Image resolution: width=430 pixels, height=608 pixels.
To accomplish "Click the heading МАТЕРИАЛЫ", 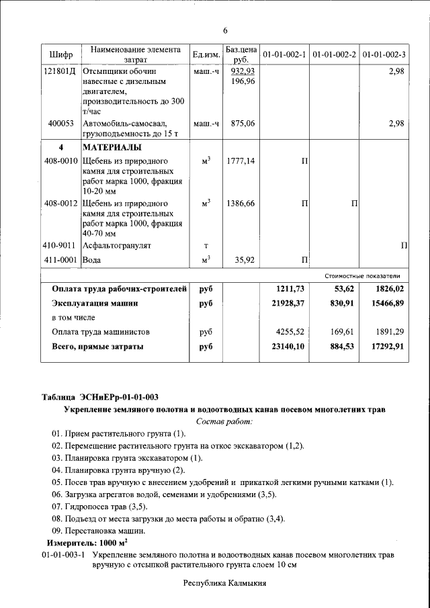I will pos(112,147).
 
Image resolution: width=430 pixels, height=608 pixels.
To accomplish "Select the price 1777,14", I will pos(241,161).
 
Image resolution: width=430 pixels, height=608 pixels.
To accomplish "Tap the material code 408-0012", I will pos(61,202).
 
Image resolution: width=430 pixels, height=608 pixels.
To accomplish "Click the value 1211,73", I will pos(290,289).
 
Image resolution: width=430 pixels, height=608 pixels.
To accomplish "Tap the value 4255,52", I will pos(290,332).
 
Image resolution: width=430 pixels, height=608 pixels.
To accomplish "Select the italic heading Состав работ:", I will pos(224,421).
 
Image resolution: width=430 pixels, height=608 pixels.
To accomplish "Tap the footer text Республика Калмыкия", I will pos(225,583).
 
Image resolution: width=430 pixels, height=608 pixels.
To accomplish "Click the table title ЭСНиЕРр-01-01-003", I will pos(120,396).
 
